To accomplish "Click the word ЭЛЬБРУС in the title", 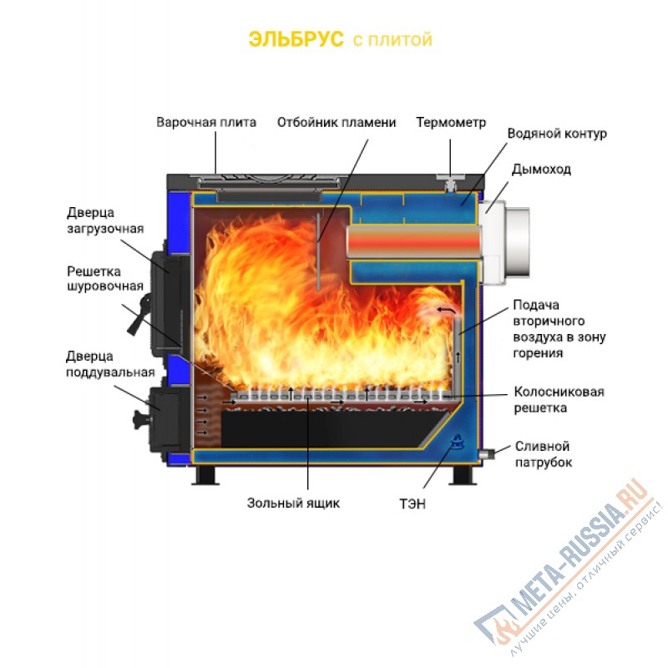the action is tap(296, 39).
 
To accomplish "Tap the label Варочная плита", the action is tap(206, 122).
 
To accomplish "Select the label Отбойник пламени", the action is tap(337, 122).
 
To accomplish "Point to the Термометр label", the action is tap(451, 122).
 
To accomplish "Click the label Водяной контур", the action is tap(557, 134).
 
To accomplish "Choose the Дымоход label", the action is tap(541, 170).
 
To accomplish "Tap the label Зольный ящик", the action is tap(294, 504).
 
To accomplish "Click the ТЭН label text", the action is tap(412, 504).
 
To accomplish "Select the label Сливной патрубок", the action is tap(544, 454).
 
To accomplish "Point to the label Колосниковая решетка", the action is tap(559, 400).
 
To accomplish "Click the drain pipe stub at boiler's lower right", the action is tap(486, 453).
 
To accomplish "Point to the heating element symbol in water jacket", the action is tap(457, 443).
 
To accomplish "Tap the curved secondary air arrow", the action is tap(446, 310).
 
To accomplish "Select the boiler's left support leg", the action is tap(205, 475).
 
